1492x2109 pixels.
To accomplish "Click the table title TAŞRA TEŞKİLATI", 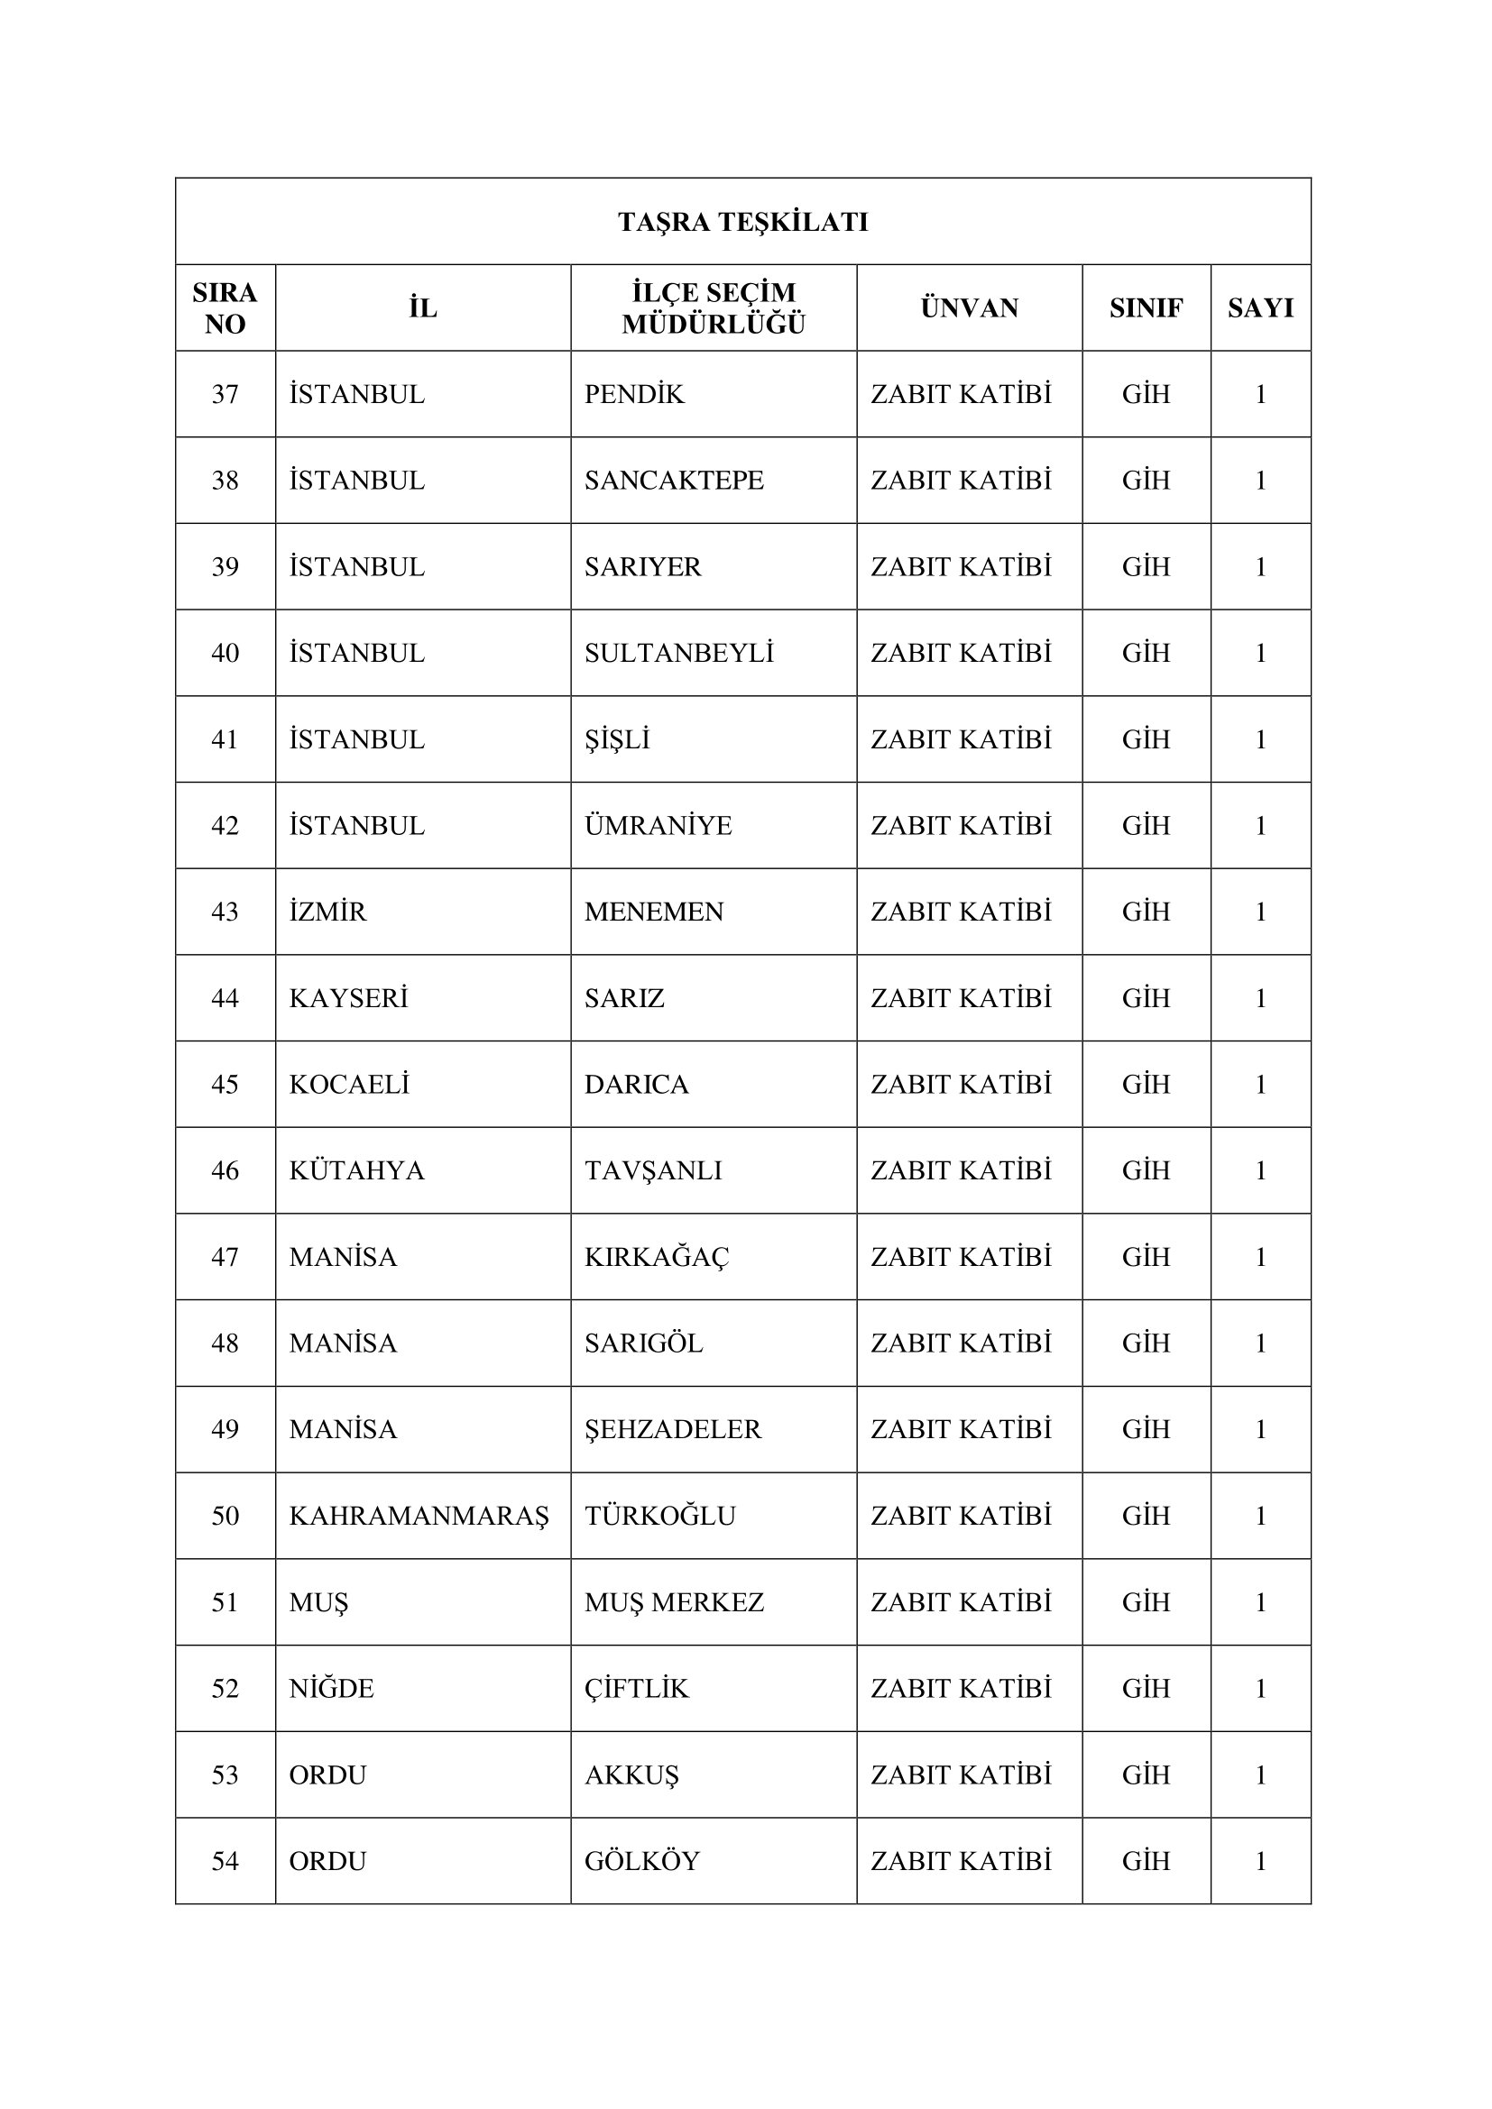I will pos(742,223).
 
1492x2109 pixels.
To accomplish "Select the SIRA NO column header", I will pos(226,308).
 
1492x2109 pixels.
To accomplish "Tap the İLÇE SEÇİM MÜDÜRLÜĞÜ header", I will pos(713,308).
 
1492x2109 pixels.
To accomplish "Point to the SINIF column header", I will pos(1146,308).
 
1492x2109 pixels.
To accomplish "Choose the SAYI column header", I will pos(1260,308).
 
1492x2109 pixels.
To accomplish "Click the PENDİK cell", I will pos(635,395).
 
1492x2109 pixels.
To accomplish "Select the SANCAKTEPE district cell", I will pos(675,481).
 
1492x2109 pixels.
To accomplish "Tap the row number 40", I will pos(226,654).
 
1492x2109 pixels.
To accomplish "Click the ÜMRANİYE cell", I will pos(658,827).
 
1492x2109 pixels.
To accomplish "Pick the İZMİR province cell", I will pos(328,912).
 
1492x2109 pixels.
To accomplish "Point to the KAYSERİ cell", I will pos(348,998).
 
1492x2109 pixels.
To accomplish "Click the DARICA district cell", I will pos(637,1085).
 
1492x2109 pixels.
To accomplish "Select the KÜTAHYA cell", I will pos(356,1171).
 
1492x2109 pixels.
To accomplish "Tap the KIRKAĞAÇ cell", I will pos(657,1258).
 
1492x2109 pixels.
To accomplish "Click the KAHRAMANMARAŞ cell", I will pos(419,1517).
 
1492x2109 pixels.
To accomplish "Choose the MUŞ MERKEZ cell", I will pos(675,1603).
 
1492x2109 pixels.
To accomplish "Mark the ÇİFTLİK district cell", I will pos(637,1689).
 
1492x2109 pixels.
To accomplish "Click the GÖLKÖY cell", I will pos(642,1862).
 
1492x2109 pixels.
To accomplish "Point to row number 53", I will pos(226,1775).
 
